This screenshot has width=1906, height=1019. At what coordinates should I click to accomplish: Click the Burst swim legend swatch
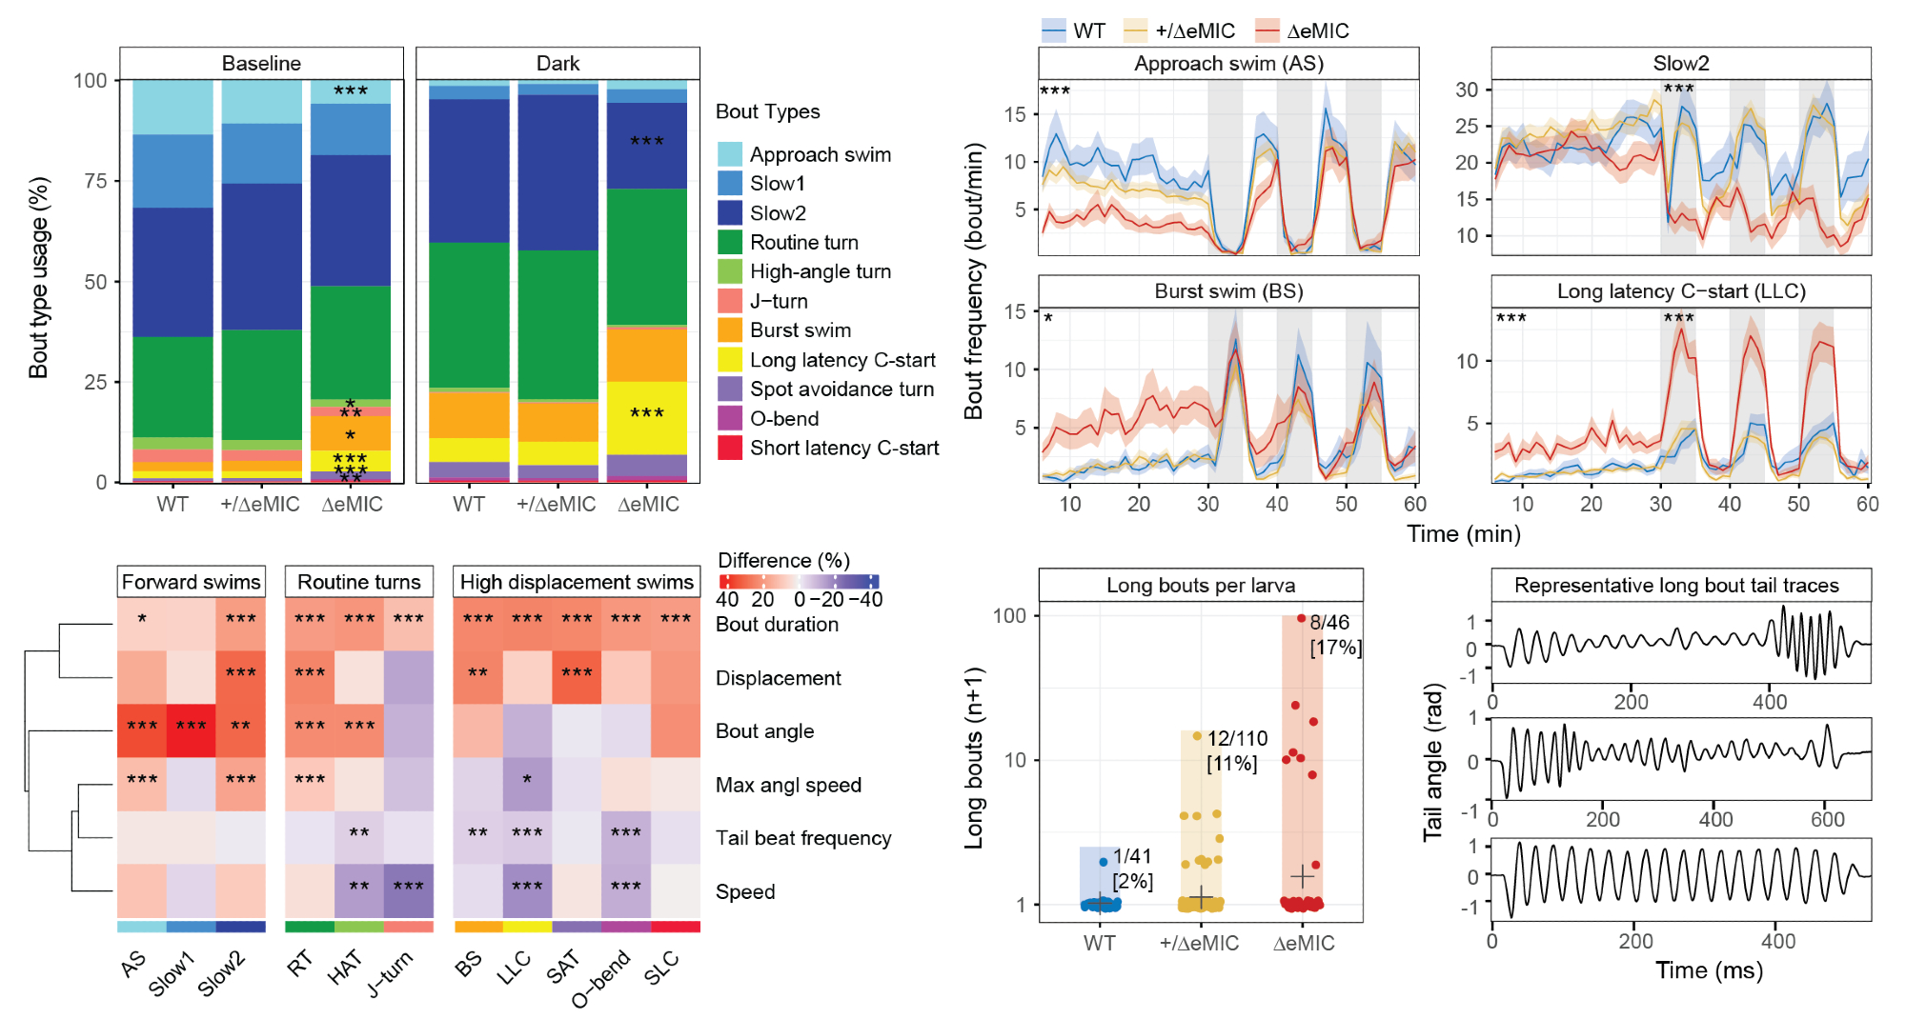[x=730, y=330]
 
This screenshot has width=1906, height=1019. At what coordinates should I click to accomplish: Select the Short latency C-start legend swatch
[x=730, y=448]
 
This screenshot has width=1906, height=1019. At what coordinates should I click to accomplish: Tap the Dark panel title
[x=558, y=64]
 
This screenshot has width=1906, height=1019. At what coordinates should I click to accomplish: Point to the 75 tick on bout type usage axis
[x=95, y=181]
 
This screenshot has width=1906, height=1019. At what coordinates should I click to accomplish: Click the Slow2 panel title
[x=1680, y=64]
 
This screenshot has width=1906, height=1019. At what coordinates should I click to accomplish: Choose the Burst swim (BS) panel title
[x=1228, y=291]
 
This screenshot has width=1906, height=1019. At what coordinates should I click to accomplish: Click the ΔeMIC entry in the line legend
[x=1317, y=30]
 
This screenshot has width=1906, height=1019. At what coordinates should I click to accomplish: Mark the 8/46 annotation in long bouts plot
[x=1329, y=623]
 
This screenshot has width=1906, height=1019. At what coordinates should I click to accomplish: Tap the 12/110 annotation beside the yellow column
[x=1237, y=739]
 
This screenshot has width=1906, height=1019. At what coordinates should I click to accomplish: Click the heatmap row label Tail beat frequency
[x=803, y=838]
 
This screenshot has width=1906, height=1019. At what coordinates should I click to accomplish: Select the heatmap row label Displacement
[x=778, y=678]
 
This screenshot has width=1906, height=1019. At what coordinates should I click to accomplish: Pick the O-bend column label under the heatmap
[x=602, y=978]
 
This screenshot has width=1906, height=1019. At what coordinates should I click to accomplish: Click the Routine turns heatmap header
[x=358, y=582]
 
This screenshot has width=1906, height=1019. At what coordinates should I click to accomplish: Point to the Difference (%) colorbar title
[x=783, y=560]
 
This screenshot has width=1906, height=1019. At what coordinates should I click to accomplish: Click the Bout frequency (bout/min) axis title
[x=973, y=281]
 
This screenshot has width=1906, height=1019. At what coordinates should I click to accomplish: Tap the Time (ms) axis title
[x=1708, y=970]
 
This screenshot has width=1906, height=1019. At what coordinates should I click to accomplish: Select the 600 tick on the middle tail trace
[x=1827, y=819]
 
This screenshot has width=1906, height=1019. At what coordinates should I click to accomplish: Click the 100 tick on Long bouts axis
[x=1009, y=616]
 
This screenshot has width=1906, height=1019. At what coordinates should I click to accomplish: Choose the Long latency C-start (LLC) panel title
[x=1681, y=291]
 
